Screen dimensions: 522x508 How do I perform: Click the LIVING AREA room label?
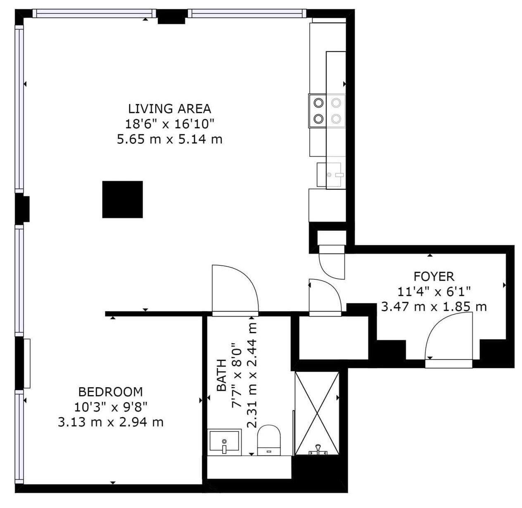[170, 109]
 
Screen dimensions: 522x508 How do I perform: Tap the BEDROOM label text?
[111, 392]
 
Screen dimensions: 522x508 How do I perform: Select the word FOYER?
[434, 277]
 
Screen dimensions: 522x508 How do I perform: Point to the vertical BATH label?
[222, 375]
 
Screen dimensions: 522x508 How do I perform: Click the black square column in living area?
[122, 200]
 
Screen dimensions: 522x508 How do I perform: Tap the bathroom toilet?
[269, 440]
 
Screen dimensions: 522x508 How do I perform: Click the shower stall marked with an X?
[317, 413]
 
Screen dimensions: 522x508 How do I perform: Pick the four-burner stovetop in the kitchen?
[327, 111]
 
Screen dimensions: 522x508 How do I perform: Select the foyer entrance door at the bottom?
[448, 341]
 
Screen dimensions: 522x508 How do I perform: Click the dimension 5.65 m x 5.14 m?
[170, 139]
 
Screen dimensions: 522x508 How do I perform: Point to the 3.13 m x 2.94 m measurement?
[111, 422]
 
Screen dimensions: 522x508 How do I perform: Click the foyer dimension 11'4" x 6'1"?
[434, 291]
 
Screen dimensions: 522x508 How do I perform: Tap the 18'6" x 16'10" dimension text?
[170, 124]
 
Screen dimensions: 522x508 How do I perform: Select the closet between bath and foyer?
[333, 338]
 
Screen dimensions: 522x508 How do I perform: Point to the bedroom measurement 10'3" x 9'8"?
[111, 407]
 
